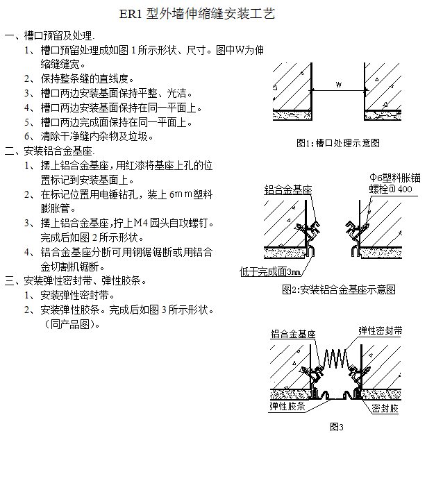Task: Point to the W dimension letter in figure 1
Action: click(337, 85)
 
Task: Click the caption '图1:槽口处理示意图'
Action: click(337, 143)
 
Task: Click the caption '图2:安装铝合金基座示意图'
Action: click(339, 289)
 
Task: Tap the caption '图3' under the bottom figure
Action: click(337, 427)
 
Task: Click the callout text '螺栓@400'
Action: click(390, 189)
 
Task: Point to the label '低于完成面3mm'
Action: click(270, 271)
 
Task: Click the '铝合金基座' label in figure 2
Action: click(287, 189)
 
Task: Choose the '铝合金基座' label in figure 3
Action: click(292, 335)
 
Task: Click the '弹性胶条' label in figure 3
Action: click(287, 406)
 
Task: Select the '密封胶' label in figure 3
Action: click(385, 409)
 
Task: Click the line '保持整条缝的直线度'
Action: click(87, 78)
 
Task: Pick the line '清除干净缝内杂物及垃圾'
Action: click(97, 137)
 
